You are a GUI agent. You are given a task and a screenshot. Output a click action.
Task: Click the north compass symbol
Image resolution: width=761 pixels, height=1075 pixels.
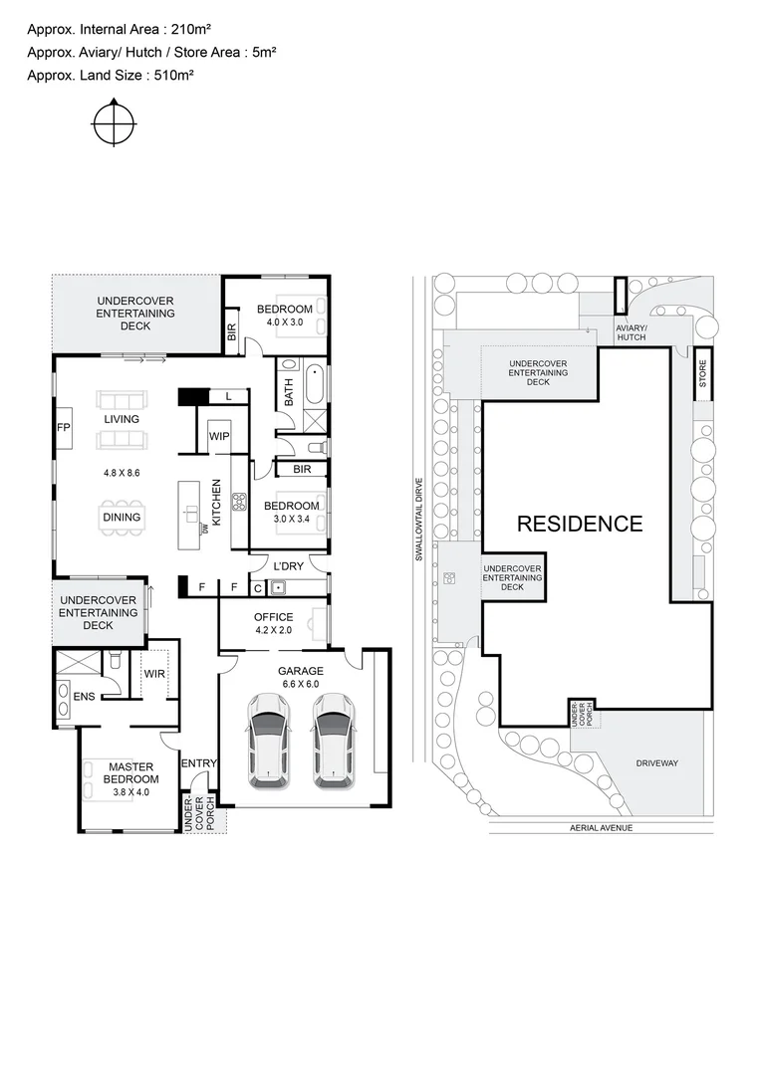[x=114, y=124]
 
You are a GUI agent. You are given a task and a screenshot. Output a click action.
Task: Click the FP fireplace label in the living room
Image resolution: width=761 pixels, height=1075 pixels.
[x=63, y=428]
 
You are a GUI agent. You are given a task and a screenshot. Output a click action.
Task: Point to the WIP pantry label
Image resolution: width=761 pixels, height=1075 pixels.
[x=219, y=436]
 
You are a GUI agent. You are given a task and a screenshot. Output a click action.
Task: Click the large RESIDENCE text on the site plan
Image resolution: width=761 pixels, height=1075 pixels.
[x=579, y=524]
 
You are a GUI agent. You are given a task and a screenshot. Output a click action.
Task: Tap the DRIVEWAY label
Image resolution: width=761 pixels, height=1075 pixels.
[x=656, y=763]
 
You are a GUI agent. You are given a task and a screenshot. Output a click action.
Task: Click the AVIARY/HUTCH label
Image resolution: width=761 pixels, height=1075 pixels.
[x=632, y=332]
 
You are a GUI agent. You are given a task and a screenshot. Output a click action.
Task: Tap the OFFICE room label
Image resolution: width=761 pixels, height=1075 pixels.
[x=273, y=617]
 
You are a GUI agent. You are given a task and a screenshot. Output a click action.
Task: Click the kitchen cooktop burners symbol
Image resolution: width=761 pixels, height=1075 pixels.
[x=239, y=503]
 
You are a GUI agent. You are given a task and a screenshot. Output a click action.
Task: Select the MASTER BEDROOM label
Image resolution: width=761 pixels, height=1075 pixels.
[x=131, y=772]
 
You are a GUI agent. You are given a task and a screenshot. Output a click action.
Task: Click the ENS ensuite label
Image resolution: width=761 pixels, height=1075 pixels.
[x=84, y=696]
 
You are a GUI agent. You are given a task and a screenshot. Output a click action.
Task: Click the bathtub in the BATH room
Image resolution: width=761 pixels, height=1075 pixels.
[x=315, y=384]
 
